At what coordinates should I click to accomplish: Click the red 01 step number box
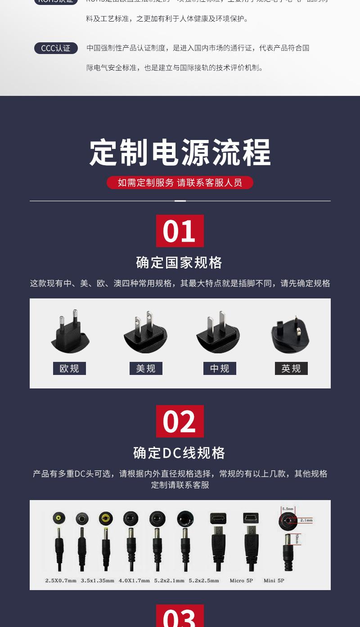(180, 231)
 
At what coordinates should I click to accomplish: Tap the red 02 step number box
(180, 421)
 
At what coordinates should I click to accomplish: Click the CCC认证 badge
(56, 48)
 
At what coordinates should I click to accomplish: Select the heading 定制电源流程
(180, 153)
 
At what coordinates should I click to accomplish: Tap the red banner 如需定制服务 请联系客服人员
(180, 182)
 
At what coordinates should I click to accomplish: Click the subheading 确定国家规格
(180, 262)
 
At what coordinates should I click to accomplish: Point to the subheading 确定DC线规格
(180, 453)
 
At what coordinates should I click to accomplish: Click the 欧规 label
(69, 369)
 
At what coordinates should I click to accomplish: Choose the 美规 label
(146, 369)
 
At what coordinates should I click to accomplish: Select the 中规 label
(220, 369)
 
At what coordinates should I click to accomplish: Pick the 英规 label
(291, 369)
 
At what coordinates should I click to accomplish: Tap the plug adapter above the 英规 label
(290, 334)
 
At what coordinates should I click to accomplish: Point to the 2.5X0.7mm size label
(61, 581)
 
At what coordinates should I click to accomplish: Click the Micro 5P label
(241, 581)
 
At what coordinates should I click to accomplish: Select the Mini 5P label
(274, 581)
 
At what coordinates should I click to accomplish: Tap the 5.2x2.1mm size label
(169, 581)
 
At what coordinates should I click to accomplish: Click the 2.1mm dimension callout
(306, 520)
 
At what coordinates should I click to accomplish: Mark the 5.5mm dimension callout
(288, 509)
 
